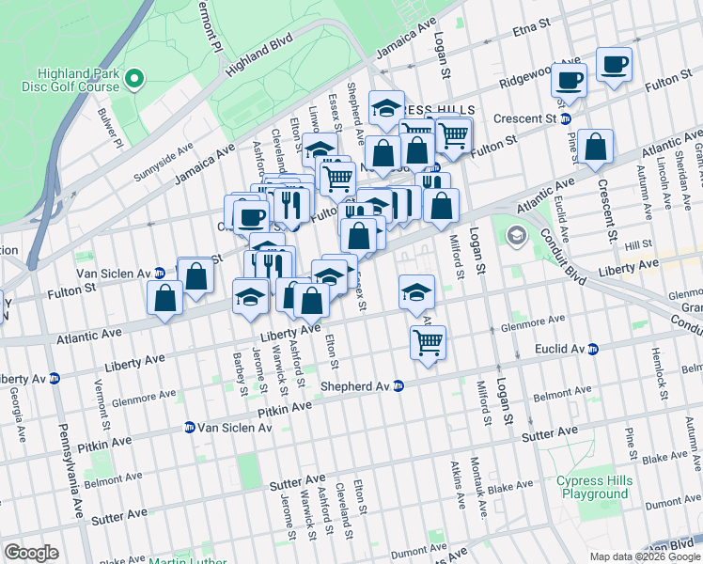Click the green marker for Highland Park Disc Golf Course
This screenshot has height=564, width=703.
point(134,79)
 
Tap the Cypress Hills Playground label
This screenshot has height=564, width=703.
point(592,487)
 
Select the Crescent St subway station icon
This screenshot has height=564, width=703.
point(566,119)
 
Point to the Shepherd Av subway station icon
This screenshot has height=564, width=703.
point(398,385)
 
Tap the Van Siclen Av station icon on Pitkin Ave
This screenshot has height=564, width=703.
point(190,427)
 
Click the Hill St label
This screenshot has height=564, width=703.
point(638,244)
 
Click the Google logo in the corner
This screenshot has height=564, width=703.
point(31,553)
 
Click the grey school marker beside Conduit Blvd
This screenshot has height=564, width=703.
point(515,234)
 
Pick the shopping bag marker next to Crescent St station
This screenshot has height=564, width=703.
point(595,147)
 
